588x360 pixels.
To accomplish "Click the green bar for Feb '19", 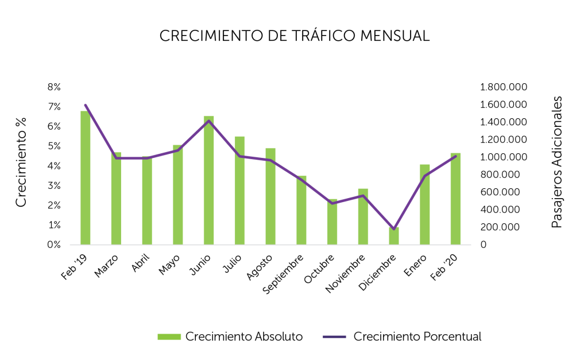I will pos(85,178).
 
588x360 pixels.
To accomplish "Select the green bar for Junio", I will pos(208,181).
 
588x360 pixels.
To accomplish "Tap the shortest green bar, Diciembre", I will pos(393,237).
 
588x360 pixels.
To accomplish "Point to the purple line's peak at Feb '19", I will pos(85,105).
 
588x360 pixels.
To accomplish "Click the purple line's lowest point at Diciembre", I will pos(393,229).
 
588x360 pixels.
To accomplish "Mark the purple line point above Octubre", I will pos(332,203).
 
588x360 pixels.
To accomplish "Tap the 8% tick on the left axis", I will pos(54,87).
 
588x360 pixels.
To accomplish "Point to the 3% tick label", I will pos(54,185).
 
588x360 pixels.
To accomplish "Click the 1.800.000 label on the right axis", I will pos(504,87).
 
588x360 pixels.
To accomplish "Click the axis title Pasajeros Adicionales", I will pos(556,162).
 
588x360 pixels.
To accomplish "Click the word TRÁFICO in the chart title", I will pos(319,36).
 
